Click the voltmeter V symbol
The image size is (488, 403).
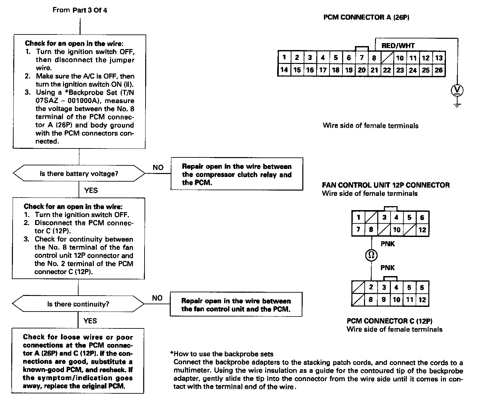pos(457,90)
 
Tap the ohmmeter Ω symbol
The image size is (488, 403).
pos(371,255)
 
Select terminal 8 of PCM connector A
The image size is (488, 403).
pos(374,58)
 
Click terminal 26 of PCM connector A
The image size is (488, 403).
pos(439,70)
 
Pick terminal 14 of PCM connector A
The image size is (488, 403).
pos(284,70)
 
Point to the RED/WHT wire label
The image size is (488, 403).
pos(398,46)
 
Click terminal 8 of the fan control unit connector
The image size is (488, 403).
pos(371,230)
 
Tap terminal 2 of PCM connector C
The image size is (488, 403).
pos(371,287)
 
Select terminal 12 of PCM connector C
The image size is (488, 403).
pos(422,300)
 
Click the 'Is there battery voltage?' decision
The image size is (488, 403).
pos(79,174)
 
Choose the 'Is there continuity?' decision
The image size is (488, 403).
pos(78,304)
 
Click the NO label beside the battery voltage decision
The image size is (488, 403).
pos(158,168)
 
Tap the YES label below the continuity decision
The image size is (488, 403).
pos(90,321)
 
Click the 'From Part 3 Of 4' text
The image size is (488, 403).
pos(80,10)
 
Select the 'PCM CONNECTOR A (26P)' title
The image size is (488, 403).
pos(366,17)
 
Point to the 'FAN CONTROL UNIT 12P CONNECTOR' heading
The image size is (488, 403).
pos(386,185)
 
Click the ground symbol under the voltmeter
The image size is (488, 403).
pos(457,105)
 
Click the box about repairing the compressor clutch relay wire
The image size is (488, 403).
pos(237,174)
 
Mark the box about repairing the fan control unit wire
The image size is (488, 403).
pos(236,305)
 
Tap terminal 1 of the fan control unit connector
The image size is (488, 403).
pos(358,217)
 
